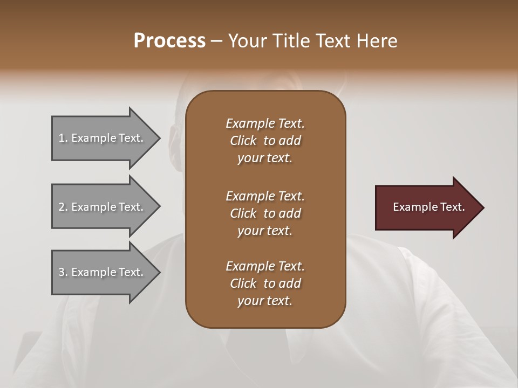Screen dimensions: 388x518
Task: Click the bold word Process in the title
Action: tap(169, 41)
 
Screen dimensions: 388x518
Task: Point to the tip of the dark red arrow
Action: tap(482, 207)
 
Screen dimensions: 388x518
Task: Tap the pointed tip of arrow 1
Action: tap(159, 138)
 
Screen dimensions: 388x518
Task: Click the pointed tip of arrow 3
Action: tap(159, 272)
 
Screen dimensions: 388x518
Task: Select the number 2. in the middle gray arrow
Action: tap(63, 207)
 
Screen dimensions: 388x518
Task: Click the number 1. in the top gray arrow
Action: tap(63, 138)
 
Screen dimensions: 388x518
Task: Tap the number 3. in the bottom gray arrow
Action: tap(63, 272)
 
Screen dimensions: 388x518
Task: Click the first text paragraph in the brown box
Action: tap(265, 141)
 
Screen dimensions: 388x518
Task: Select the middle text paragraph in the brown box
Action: tap(265, 213)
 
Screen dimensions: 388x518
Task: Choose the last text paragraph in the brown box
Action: tap(265, 283)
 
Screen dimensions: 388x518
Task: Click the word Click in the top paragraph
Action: tap(243, 141)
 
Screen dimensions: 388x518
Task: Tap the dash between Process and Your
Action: tap(217, 41)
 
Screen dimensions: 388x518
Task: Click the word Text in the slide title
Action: tap(330, 41)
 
